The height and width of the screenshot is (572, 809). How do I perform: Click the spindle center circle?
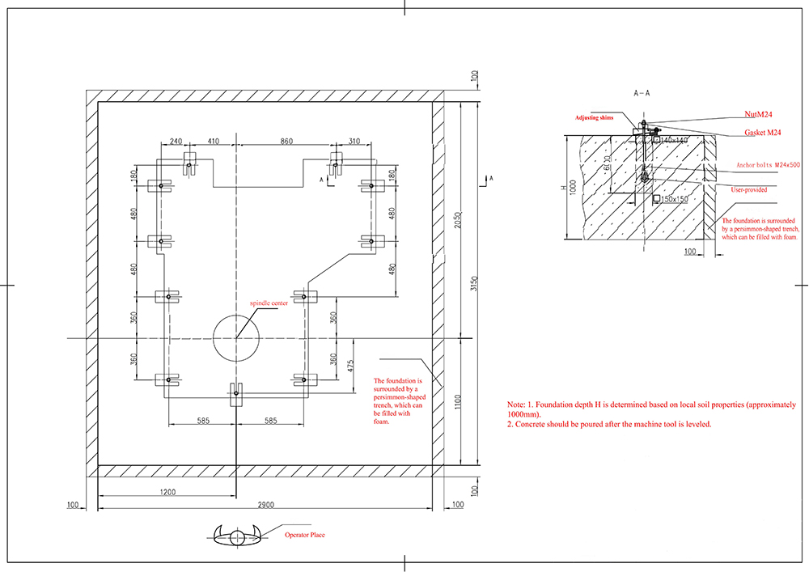(x=236, y=337)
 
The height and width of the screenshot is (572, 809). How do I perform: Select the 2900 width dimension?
(x=266, y=505)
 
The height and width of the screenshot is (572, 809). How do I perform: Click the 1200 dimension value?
(x=167, y=491)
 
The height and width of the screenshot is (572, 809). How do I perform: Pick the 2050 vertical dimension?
(x=459, y=221)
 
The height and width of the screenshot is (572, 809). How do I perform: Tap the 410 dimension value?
(x=214, y=141)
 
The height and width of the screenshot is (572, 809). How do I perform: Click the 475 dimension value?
(x=349, y=365)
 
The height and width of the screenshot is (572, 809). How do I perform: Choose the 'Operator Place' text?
(x=304, y=535)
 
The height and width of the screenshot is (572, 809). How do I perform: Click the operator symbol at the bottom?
(x=235, y=534)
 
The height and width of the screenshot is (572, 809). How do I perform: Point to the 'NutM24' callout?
(x=757, y=115)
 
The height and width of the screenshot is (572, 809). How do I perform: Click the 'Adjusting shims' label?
(x=595, y=117)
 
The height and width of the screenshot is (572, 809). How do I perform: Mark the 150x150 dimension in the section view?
(x=674, y=199)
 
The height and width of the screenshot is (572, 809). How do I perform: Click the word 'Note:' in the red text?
(x=516, y=403)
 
